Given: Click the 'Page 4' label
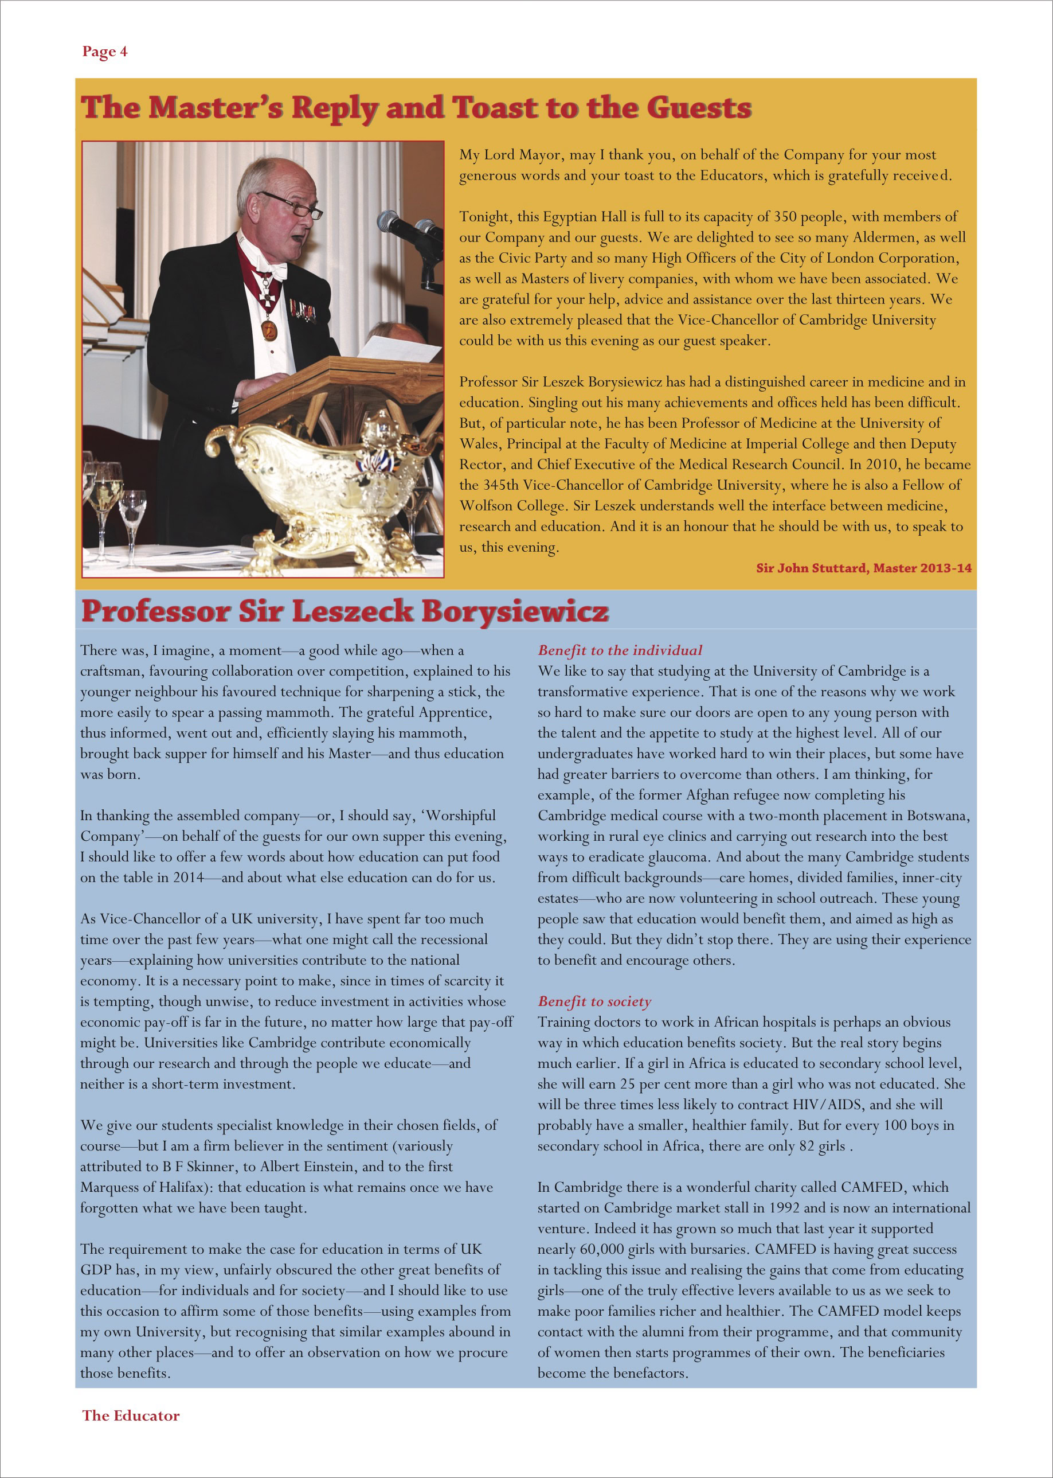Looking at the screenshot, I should [104, 52].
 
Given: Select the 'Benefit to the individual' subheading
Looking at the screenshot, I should [619, 650].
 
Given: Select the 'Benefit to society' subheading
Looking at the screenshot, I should [594, 1001].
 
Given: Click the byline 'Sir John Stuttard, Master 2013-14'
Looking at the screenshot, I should [863, 568].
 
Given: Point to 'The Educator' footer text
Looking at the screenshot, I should [130, 1415].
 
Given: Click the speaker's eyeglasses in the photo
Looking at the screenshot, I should [292, 204].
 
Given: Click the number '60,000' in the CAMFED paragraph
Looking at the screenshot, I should [605, 1249].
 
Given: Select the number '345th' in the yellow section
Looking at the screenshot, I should [503, 485].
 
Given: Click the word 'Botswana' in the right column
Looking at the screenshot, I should [936, 816].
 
